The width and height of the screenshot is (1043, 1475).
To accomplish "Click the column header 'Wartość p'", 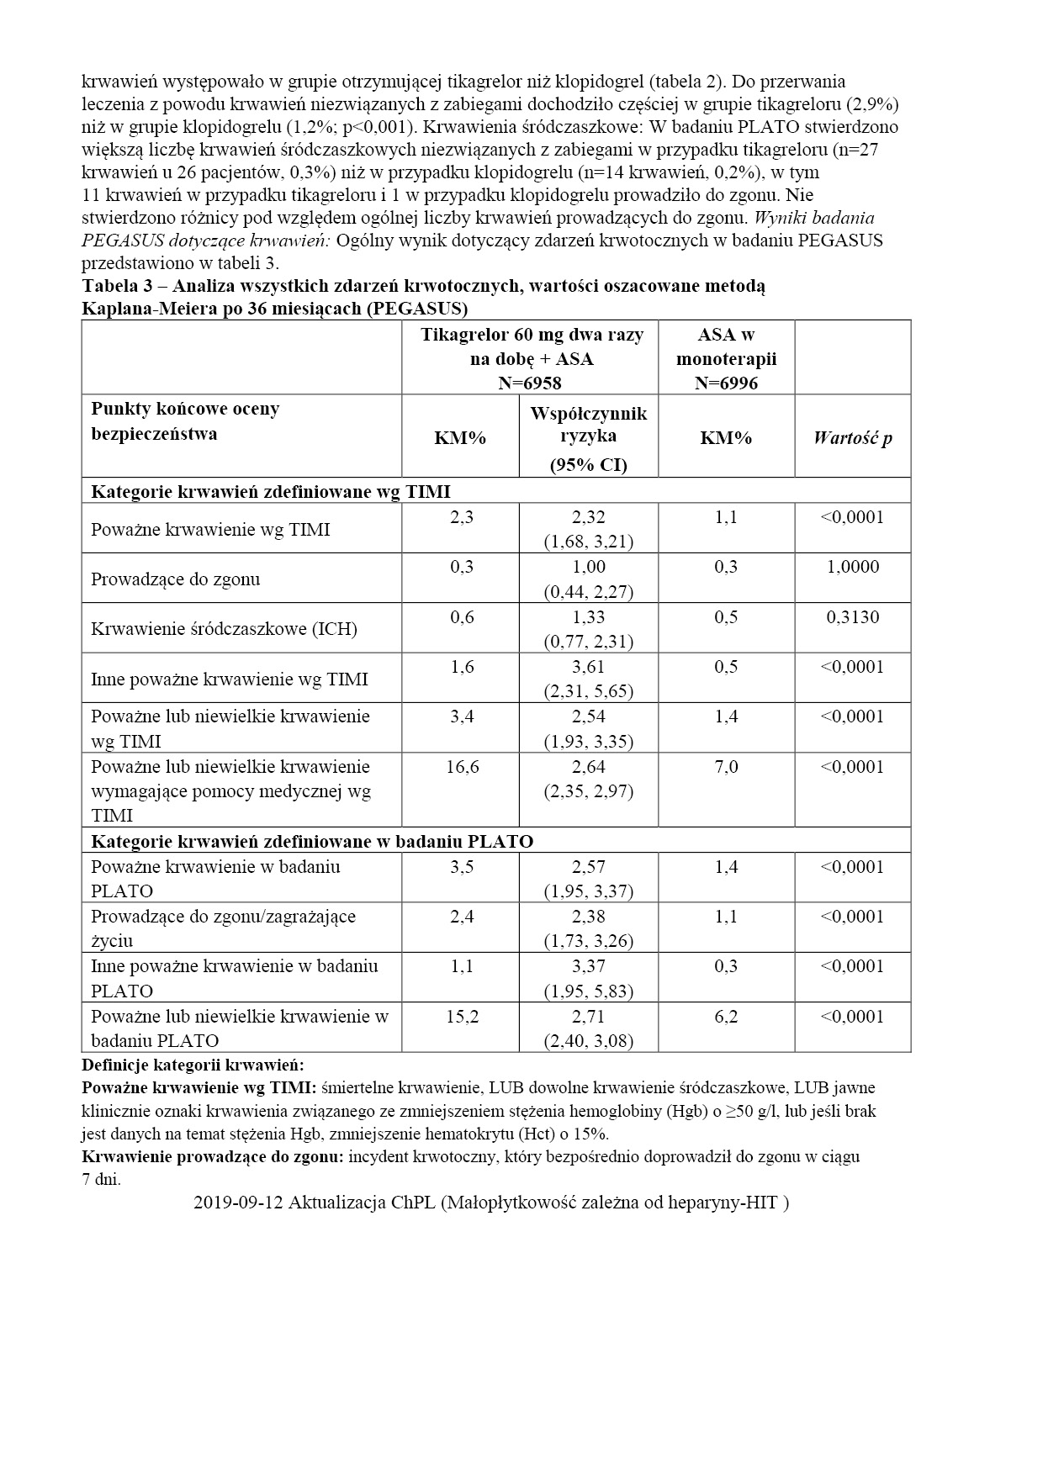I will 852,438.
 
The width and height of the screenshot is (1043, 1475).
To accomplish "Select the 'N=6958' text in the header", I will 530,383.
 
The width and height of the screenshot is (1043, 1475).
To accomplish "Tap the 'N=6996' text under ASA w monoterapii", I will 726,383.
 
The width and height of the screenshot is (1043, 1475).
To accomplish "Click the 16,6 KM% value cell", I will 462,767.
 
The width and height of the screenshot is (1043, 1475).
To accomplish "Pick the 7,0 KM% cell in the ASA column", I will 726,767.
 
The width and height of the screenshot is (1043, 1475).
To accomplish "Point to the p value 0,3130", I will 852,617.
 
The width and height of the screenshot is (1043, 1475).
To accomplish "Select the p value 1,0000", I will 852,567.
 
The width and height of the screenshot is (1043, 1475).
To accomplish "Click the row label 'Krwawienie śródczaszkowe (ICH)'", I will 224,629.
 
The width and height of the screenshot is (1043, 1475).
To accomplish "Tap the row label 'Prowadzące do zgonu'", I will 176,579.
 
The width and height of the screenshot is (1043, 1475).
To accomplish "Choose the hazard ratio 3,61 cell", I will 589,667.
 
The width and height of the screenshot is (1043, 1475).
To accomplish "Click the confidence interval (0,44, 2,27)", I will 589,591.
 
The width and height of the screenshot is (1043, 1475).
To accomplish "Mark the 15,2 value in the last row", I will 462,1017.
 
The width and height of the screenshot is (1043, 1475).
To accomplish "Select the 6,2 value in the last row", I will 726,1017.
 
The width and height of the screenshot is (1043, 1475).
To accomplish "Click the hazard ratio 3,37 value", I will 589,966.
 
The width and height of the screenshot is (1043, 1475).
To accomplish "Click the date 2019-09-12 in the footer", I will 238,1203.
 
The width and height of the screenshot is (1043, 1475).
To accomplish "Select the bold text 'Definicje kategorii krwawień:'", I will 193,1065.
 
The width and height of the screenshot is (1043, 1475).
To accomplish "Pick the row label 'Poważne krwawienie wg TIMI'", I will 210,530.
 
